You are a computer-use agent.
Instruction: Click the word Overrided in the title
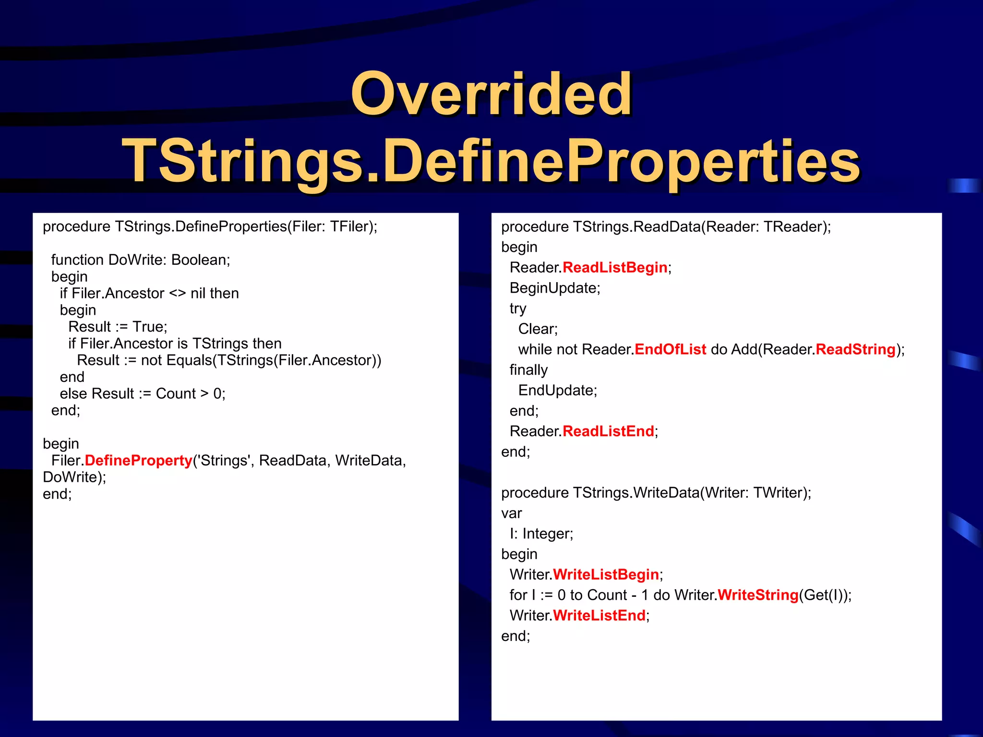click(491, 95)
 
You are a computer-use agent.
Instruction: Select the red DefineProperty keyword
click(138, 461)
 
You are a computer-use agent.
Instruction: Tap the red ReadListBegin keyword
click(614, 268)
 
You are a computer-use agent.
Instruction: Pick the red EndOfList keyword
click(670, 350)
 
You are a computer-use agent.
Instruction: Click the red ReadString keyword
click(855, 350)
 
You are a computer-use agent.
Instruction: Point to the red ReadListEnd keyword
click(608, 431)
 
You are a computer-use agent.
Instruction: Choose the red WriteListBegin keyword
click(605, 575)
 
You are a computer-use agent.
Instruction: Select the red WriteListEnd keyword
click(599, 616)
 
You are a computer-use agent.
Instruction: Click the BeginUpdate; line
click(554, 288)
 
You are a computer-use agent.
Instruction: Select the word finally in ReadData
click(528, 370)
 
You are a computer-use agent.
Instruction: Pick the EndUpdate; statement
click(557, 391)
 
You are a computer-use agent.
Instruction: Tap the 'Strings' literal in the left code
click(226, 461)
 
